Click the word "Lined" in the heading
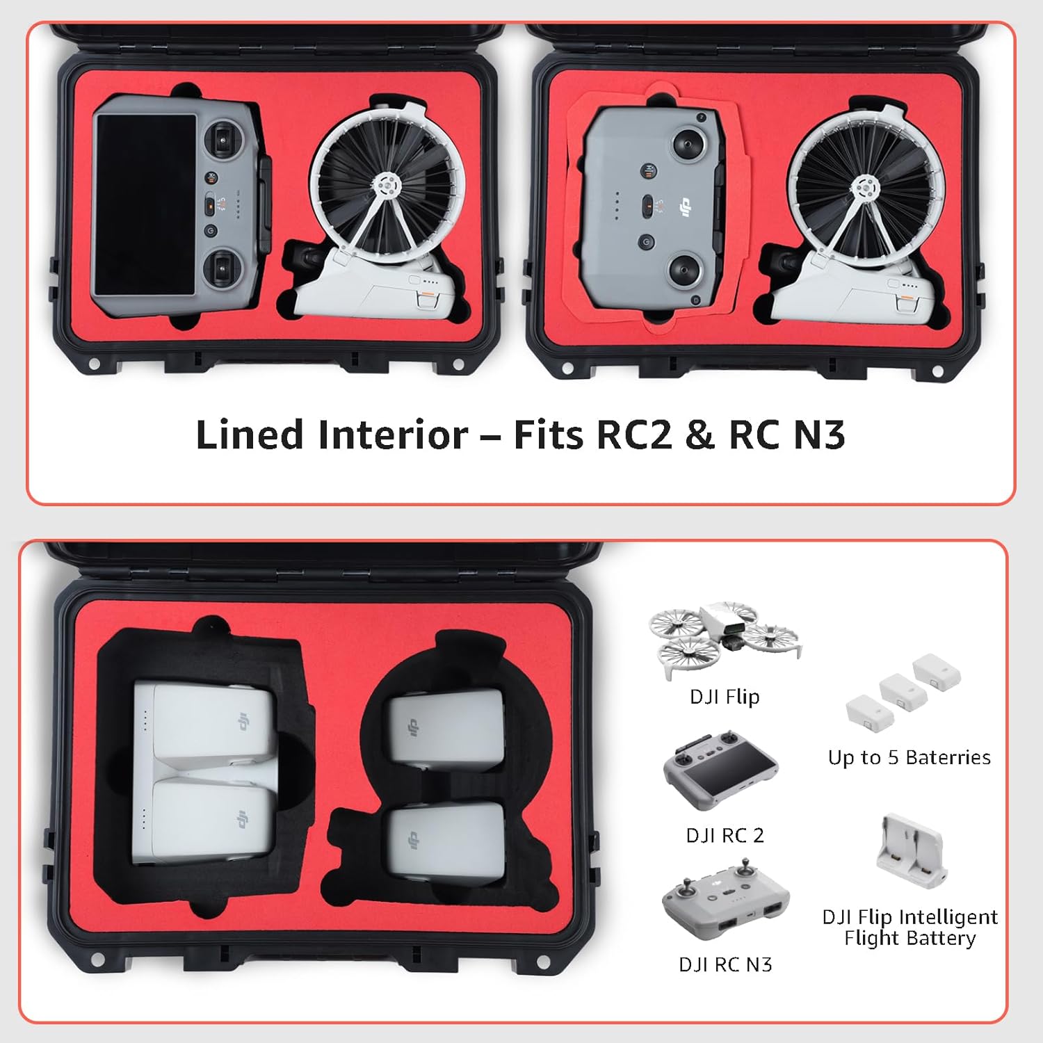[249, 435]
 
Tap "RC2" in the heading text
[635, 435]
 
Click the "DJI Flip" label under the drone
[724, 697]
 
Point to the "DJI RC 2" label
[725, 835]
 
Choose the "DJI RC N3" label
[725, 964]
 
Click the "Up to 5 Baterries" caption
[909, 757]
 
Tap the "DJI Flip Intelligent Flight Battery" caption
[909, 928]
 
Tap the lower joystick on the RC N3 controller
[684, 267]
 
